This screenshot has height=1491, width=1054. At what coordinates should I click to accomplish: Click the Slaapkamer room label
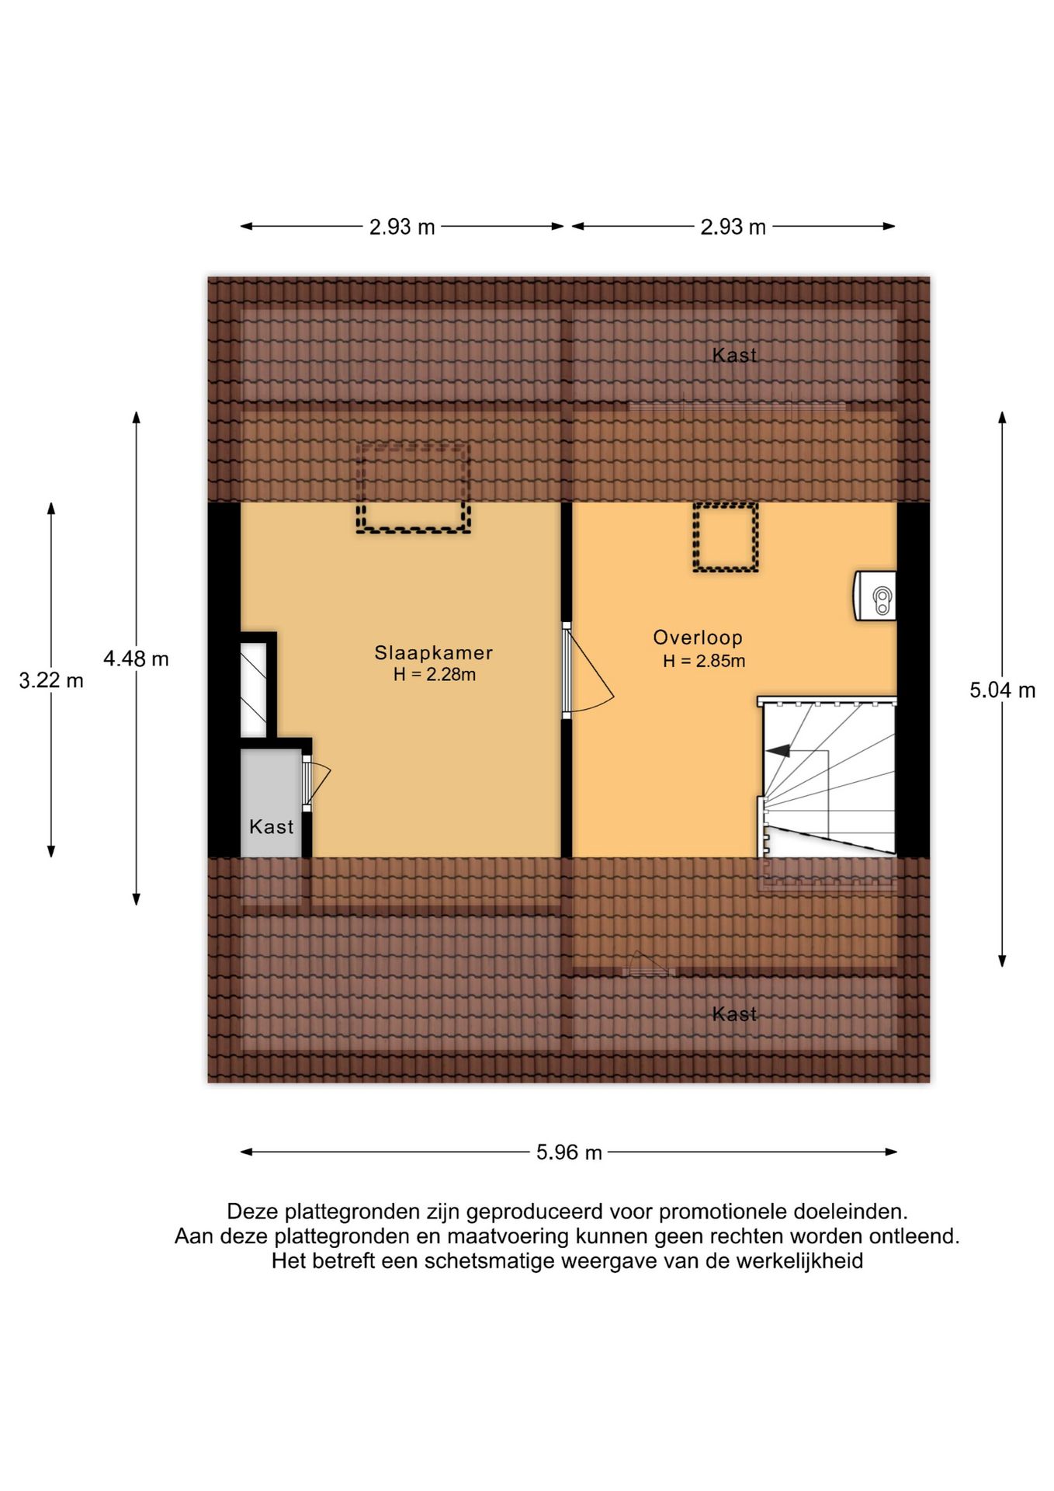pyautogui.click(x=433, y=653)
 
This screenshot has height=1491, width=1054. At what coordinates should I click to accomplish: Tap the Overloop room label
pyautogui.click(x=698, y=638)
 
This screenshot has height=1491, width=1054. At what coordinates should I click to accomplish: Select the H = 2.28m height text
pyautogui.click(x=434, y=675)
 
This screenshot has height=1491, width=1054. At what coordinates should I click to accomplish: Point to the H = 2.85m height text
pyautogui.click(x=704, y=662)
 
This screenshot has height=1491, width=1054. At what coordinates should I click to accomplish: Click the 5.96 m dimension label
pyautogui.click(x=569, y=1152)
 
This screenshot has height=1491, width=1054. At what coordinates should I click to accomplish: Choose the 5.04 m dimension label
pyautogui.click(x=1002, y=690)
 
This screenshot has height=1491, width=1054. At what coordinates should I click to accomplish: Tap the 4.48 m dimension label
pyautogui.click(x=136, y=659)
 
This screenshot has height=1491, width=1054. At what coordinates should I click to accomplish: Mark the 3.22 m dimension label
pyautogui.click(x=51, y=681)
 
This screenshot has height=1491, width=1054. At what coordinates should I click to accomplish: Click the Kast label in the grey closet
pyautogui.click(x=271, y=827)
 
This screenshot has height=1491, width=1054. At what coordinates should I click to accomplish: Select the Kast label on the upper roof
pyautogui.click(x=734, y=355)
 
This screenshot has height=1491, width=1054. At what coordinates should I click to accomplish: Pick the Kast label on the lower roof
pyautogui.click(x=734, y=1013)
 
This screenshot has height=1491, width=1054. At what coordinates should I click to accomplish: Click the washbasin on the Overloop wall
pyautogui.click(x=875, y=596)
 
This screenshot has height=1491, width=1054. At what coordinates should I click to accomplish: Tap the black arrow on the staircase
pyautogui.click(x=778, y=751)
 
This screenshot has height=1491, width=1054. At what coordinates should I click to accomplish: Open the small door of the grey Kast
pyautogui.click(x=316, y=783)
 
